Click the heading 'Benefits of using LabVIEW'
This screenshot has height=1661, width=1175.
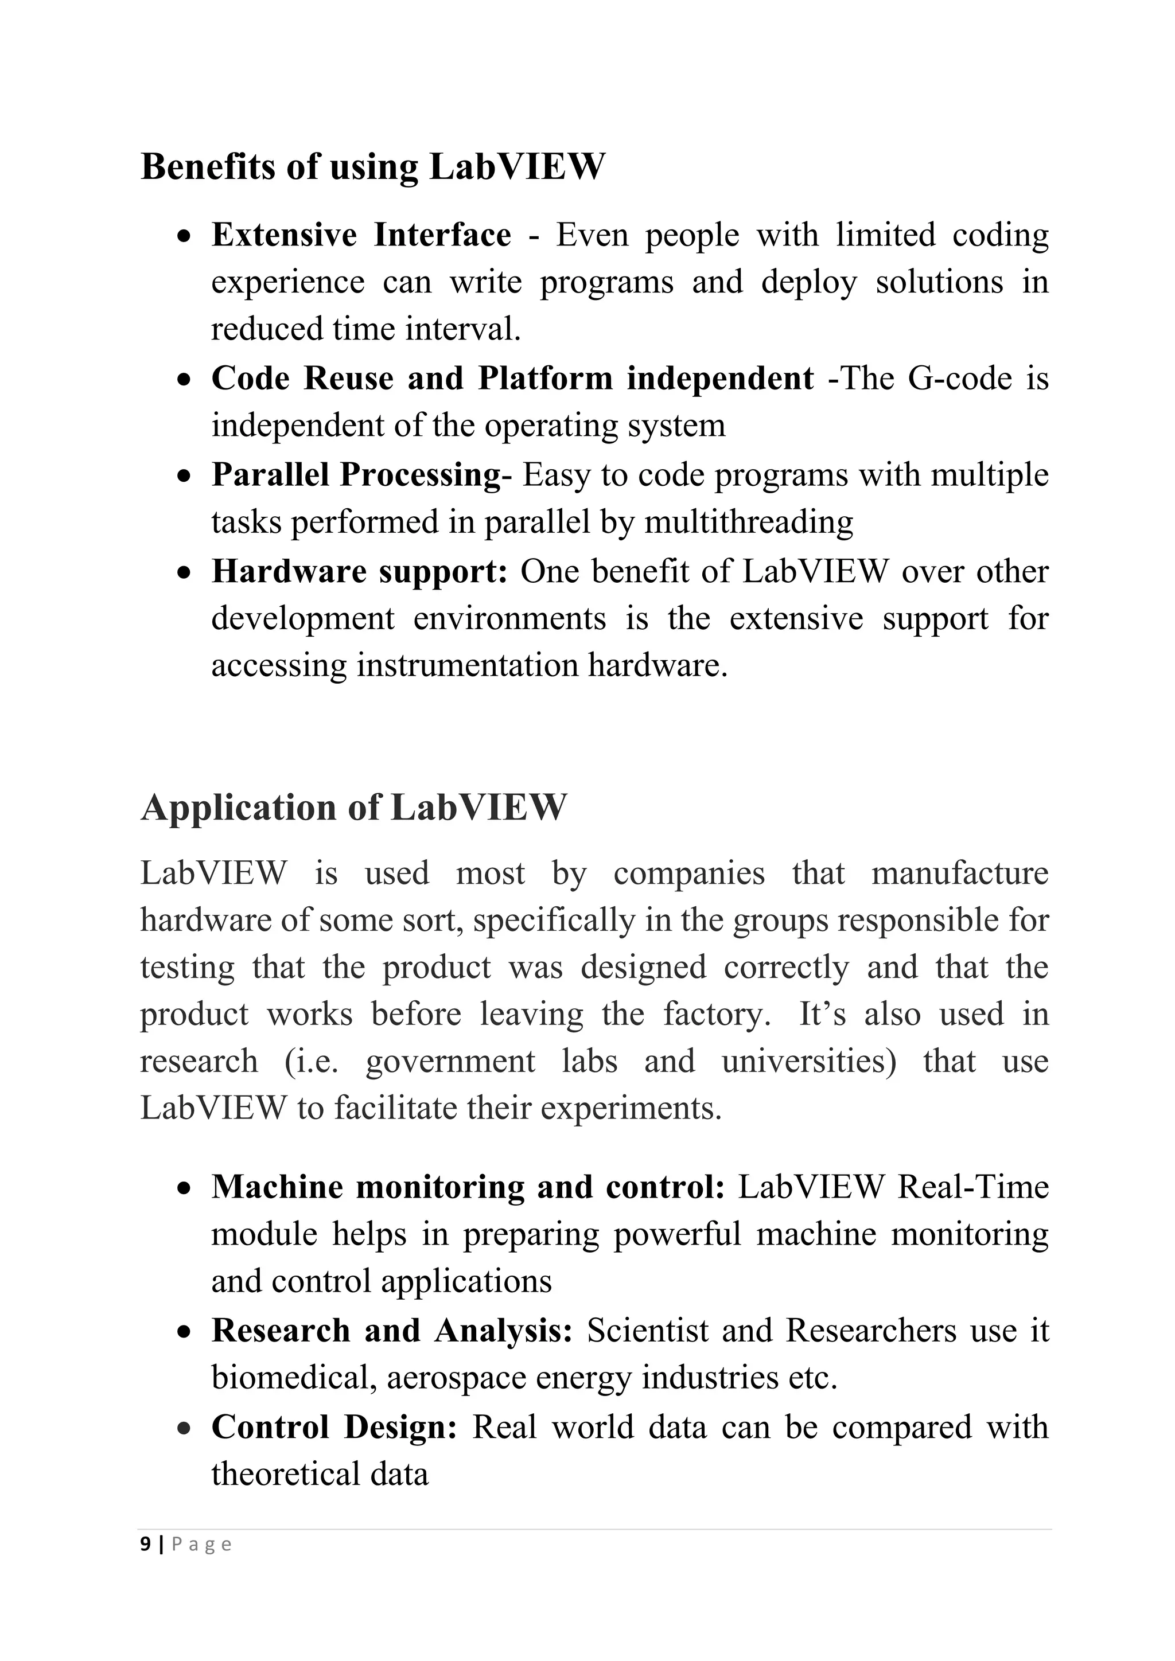click(x=372, y=166)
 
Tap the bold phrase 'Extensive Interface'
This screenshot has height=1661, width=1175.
click(x=360, y=235)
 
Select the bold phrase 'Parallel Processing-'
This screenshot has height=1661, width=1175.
click(x=361, y=475)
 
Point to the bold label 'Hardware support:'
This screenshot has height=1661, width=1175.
click(x=360, y=571)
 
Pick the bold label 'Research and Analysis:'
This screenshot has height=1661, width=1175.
click(x=391, y=1331)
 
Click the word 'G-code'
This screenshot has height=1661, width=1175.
click(x=959, y=379)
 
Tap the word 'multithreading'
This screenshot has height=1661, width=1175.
click(x=748, y=523)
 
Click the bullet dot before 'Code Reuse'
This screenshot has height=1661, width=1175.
click(x=185, y=379)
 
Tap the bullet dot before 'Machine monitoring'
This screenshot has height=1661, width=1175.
click(x=185, y=1188)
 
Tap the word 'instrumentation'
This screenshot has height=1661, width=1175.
click(x=466, y=665)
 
